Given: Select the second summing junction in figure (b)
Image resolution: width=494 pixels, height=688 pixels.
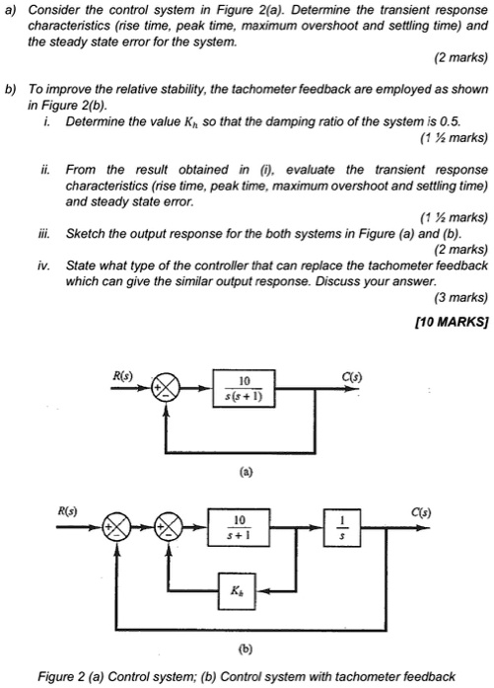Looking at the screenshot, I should (173, 524).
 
